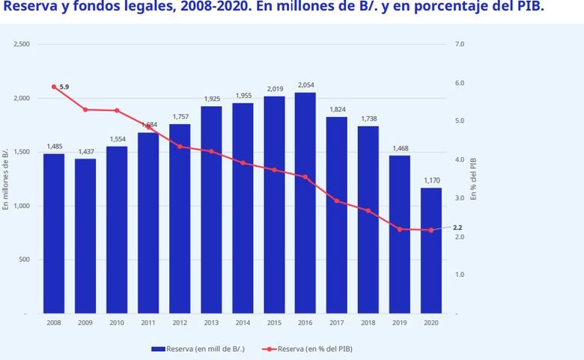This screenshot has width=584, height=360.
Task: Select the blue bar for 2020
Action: point(431,250)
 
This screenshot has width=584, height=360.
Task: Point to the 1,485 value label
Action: point(54,147)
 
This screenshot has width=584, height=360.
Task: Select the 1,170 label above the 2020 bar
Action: point(431,180)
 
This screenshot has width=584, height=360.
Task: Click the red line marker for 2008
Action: point(54,87)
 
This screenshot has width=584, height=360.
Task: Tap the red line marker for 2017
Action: point(336,201)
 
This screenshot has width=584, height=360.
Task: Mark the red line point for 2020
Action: point(431,231)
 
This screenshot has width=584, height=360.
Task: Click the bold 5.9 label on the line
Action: point(64,87)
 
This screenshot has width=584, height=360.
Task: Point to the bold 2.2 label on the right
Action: point(457,227)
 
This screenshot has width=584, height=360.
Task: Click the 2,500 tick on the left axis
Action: point(22,44)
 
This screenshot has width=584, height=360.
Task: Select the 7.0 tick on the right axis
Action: point(460,44)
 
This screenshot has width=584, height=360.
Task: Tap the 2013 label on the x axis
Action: point(210,323)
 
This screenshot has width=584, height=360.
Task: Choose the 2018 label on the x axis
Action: point(368,323)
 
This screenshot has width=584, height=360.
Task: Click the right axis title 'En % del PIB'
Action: point(474,179)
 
